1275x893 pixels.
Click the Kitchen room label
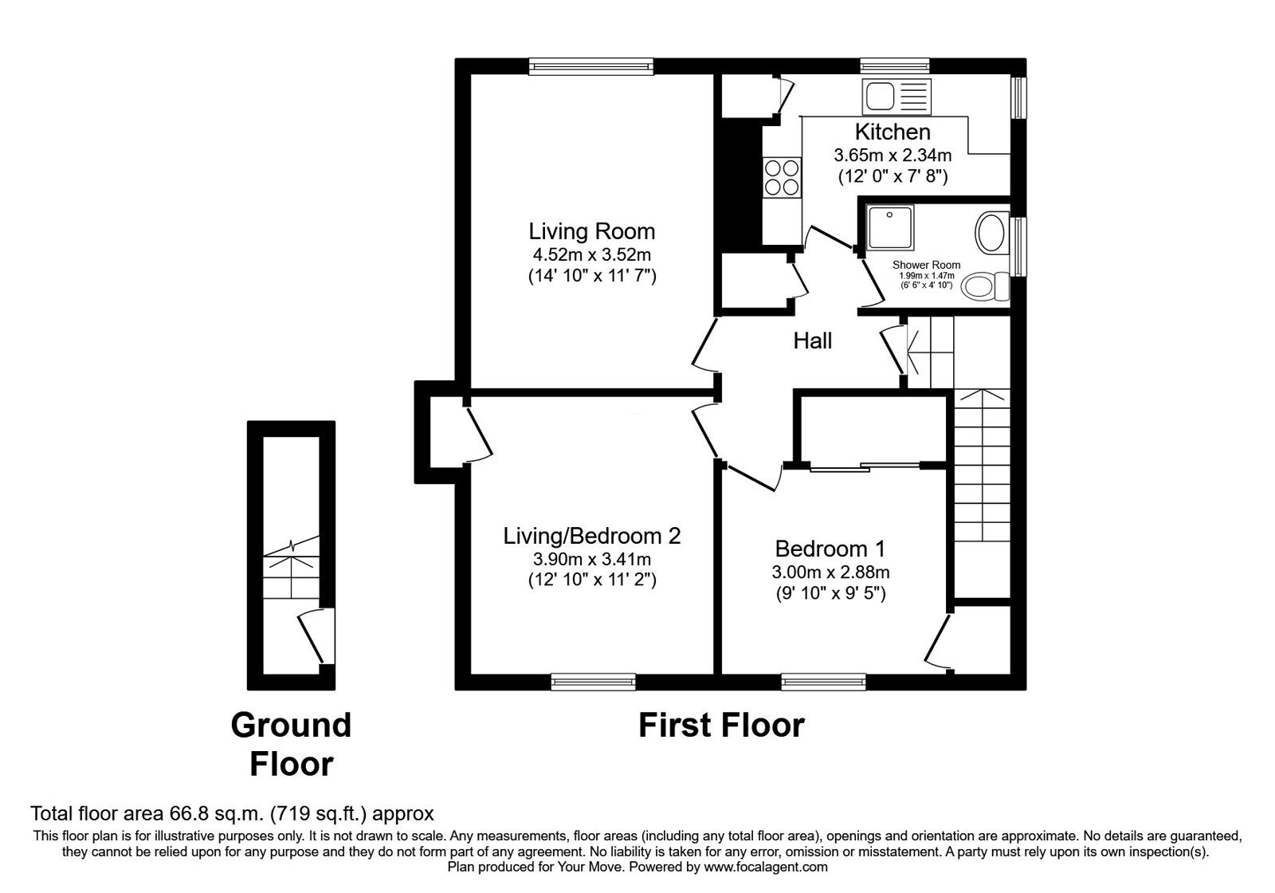pyautogui.click(x=892, y=132)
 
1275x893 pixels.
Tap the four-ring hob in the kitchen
pyautogui.click(x=781, y=177)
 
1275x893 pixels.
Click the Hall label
pyautogui.click(x=812, y=341)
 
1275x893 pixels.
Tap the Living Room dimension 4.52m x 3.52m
pyautogui.click(x=591, y=255)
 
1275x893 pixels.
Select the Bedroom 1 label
pyautogui.click(x=830, y=549)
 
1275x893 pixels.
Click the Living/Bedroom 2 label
pyautogui.click(x=591, y=536)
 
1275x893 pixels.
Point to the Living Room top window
pyautogui.click(x=590, y=66)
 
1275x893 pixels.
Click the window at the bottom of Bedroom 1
pyautogui.click(x=823, y=681)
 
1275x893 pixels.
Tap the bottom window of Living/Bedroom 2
pyautogui.click(x=593, y=681)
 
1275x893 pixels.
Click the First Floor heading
pyautogui.click(x=721, y=726)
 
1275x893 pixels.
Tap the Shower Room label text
pyautogui.click(x=926, y=265)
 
